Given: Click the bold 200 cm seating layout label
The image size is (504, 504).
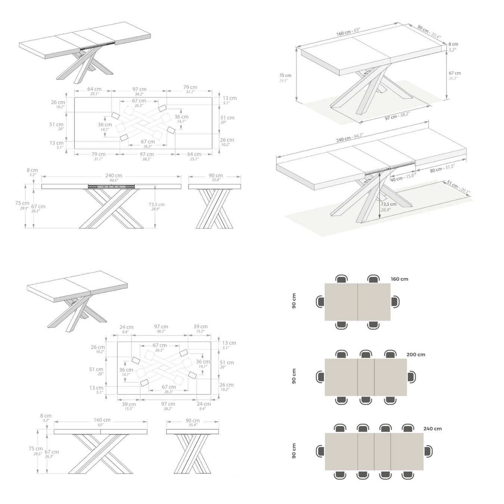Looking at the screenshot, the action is click(x=416, y=355).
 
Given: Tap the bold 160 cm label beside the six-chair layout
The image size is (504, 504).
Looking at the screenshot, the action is click(x=399, y=279).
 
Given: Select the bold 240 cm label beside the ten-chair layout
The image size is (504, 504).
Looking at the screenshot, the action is click(x=433, y=429).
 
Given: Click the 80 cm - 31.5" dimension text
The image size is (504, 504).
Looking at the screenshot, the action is click(x=442, y=168).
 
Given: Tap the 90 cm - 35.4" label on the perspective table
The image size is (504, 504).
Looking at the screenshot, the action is click(x=429, y=31).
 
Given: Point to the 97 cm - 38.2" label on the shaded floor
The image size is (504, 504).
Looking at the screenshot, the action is click(x=397, y=116).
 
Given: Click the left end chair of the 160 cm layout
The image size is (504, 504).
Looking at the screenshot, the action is click(x=320, y=302).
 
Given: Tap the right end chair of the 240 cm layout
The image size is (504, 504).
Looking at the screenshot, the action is click(x=428, y=451).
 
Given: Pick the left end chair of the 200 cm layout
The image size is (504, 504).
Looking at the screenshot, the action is click(x=320, y=377).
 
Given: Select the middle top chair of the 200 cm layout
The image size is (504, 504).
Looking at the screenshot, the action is click(x=365, y=354).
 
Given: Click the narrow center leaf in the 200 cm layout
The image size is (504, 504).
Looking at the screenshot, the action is click(x=366, y=377).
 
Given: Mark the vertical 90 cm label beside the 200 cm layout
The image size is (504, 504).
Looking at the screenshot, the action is click(x=294, y=376).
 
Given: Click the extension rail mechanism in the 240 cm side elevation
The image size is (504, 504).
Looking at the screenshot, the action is click(x=111, y=187).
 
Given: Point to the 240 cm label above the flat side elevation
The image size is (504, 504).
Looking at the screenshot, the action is click(x=114, y=175).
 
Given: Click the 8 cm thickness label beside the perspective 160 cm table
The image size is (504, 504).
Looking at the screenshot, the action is click(x=454, y=44).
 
